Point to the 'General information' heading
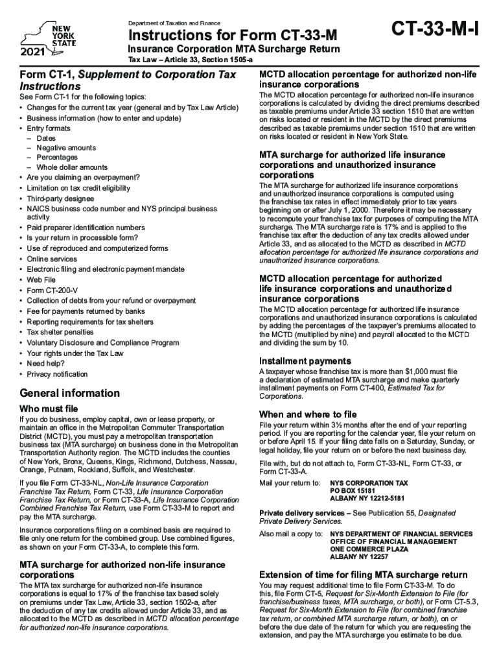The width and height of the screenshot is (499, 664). (70, 393)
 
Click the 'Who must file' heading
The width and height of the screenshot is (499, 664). (49, 409)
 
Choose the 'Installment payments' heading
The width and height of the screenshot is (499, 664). (305, 361)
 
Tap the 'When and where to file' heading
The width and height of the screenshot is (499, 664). (308, 414)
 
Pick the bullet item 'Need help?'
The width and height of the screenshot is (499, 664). (45, 364)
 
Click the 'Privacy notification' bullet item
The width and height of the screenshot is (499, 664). (57, 374)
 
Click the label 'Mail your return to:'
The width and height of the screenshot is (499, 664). (290, 483)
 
